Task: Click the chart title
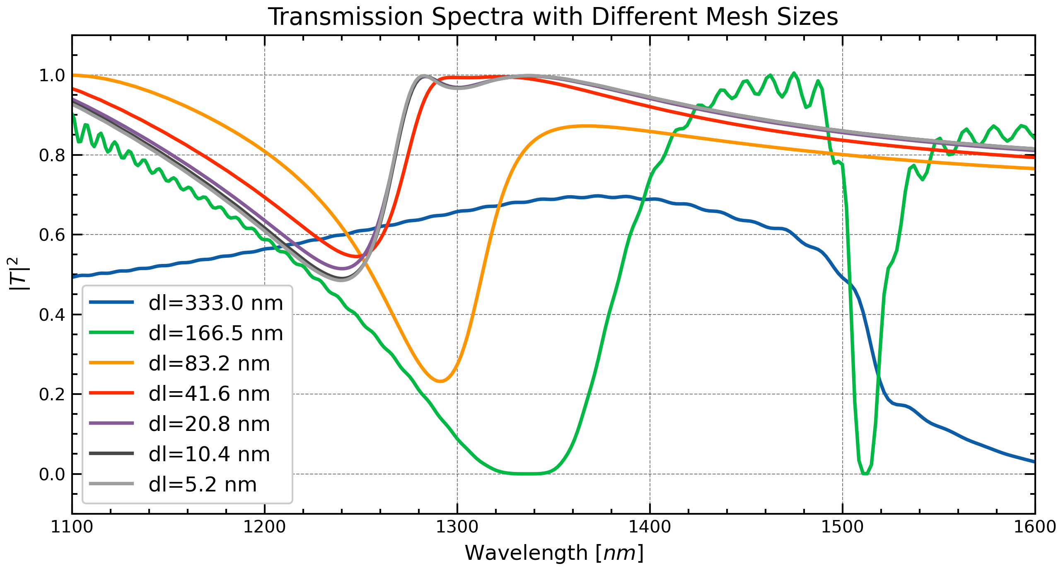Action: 553,17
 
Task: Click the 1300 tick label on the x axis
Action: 457,527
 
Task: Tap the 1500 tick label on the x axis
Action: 842,527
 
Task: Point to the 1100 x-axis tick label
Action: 72,527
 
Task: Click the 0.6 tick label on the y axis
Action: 52,235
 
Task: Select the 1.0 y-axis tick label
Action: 52,75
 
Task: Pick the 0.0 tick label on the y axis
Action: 52,474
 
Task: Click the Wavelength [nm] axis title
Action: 554,553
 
